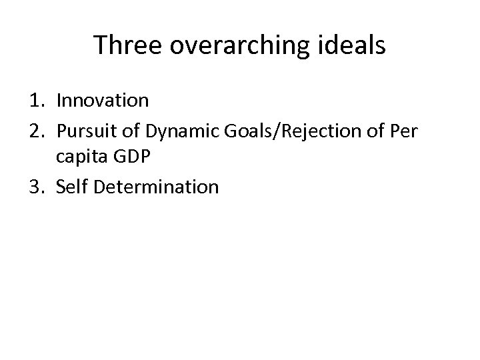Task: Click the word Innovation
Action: tap(103, 101)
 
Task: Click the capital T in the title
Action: tap(99, 45)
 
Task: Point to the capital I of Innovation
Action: tap(59, 101)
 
